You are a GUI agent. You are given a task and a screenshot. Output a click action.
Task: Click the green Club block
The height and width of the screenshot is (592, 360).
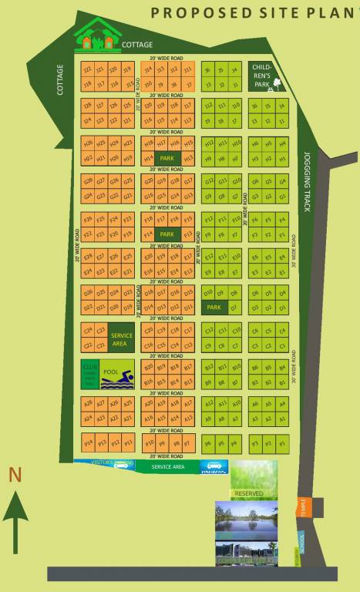coord(89,374)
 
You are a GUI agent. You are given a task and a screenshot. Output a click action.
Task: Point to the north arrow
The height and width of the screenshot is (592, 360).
coord(15,524)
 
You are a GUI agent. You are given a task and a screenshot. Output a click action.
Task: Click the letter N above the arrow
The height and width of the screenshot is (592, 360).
coord(15,476)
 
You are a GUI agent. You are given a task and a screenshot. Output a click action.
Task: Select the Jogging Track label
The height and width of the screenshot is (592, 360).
coord(306,181)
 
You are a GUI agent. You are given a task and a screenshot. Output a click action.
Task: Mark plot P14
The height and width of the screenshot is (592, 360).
coord(88,443)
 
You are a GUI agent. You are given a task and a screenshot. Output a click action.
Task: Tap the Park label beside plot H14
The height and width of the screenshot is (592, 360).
coord(166,157)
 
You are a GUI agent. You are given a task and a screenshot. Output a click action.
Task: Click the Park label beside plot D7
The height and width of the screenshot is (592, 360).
coord(214,307)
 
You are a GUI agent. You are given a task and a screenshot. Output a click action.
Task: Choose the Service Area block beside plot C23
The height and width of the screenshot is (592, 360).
coord(122,340)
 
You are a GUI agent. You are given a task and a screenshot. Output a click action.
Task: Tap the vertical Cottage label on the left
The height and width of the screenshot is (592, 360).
coord(61,80)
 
